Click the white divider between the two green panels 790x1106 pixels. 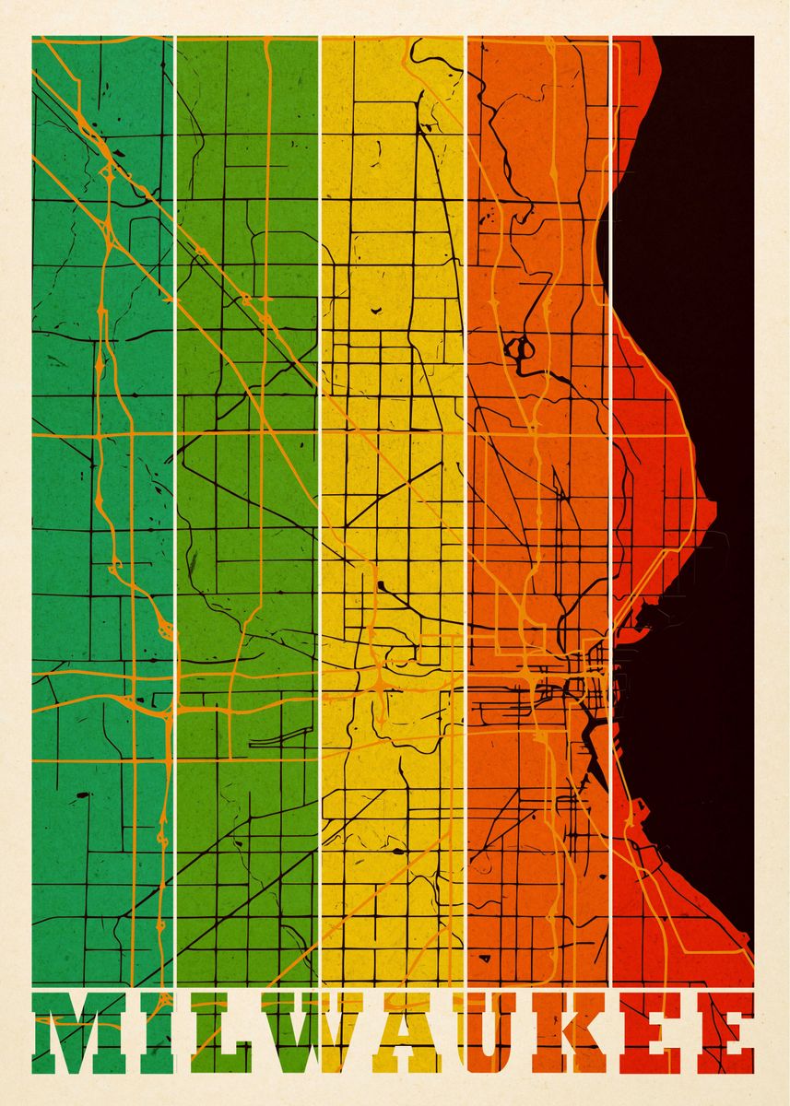point(174,461)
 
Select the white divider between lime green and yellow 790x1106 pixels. point(320,461)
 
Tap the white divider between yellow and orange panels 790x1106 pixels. point(466,461)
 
